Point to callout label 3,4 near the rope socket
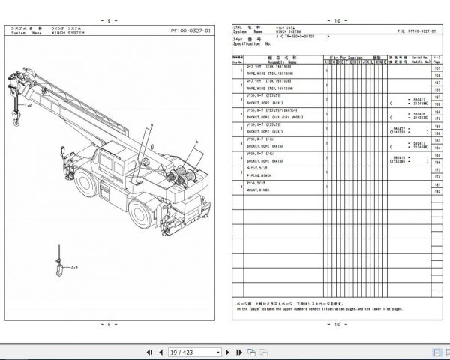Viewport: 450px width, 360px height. pyautogui.click(x=73, y=265)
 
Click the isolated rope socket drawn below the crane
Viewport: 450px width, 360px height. pyautogui.click(x=56, y=268)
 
